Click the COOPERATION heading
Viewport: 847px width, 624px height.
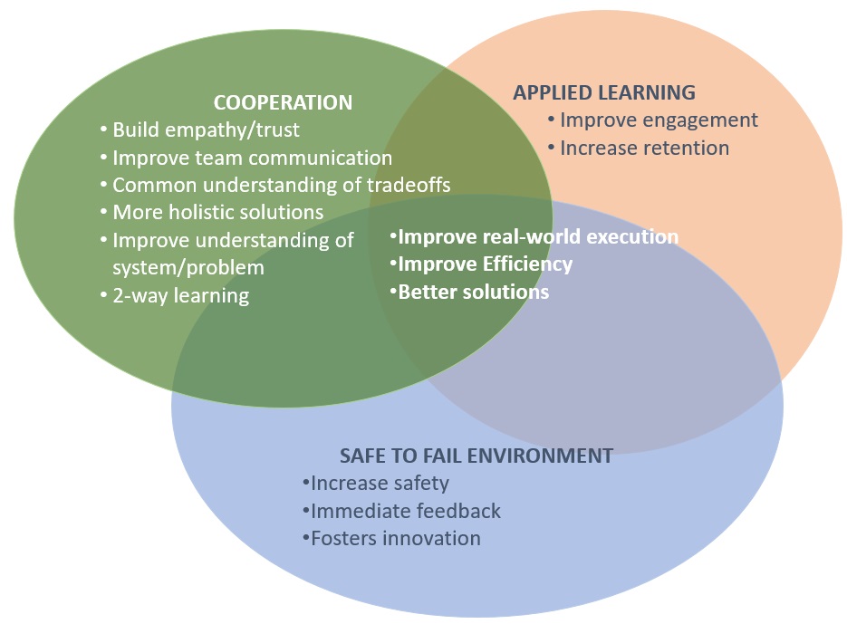283,102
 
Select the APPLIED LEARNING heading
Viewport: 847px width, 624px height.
604,92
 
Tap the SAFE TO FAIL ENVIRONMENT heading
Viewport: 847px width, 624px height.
476,456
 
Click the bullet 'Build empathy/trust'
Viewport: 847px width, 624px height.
200,130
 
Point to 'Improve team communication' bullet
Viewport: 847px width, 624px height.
246,158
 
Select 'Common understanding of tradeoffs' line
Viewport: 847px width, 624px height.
275,185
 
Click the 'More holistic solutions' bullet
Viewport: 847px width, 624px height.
212,212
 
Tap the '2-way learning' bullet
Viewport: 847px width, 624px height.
175,295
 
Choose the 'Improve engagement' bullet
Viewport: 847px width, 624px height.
653,120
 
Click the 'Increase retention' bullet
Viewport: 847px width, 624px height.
639,148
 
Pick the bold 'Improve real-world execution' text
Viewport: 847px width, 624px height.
534,236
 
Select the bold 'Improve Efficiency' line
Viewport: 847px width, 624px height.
481,264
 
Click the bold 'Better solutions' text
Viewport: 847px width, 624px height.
469,292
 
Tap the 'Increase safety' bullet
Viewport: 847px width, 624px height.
376,483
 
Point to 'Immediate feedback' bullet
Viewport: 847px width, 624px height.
402,511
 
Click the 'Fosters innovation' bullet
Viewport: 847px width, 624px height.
391,538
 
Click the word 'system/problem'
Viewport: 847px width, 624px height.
188,267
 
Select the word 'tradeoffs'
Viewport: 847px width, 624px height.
409,185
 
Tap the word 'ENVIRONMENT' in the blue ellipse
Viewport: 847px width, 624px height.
540,456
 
